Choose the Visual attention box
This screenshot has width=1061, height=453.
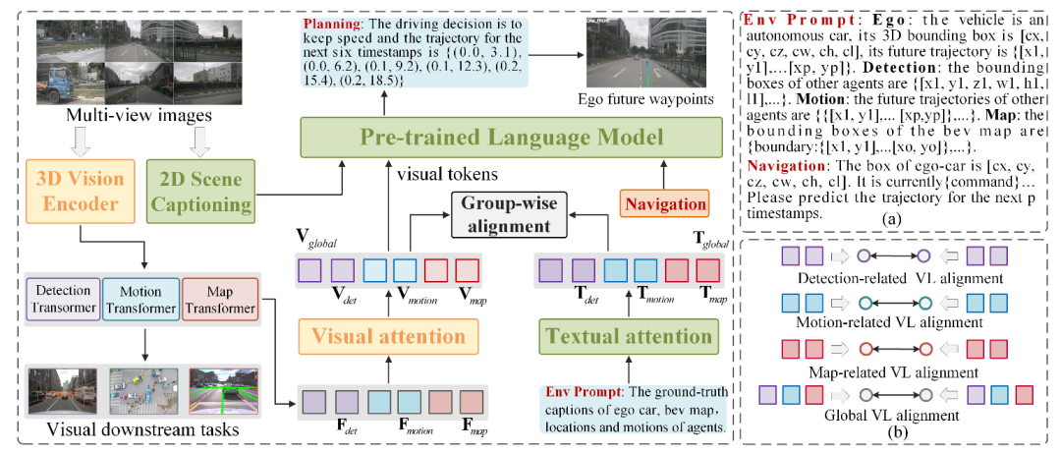[x=389, y=336]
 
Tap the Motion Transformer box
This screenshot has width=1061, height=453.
[x=143, y=301]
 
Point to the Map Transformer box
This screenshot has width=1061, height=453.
[x=221, y=301]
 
